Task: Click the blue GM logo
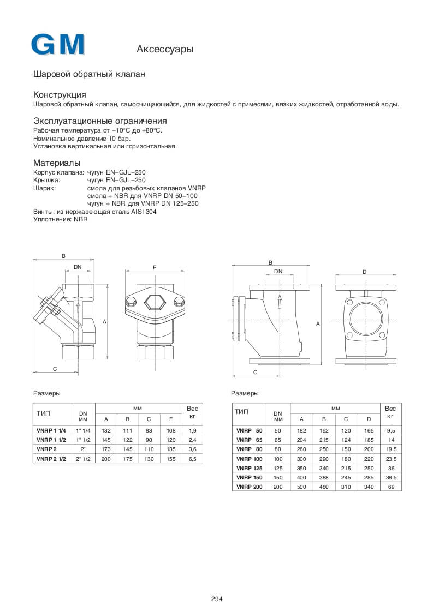(58, 45)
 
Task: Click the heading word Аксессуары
(164, 50)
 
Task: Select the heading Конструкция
(60, 94)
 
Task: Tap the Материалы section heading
(57, 163)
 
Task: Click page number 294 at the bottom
(217, 598)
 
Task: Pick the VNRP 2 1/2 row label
(51, 459)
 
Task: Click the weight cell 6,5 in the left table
(192, 459)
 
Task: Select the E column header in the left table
(171, 419)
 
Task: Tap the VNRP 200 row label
(249, 486)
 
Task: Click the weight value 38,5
(390, 477)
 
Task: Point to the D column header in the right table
(369, 419)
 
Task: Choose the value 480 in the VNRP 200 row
(324, 486)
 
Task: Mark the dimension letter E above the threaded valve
(155, 267)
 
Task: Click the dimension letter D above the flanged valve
(364, 272)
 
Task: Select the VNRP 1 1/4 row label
(51, 430)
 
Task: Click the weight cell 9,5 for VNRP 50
(390, 430)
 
